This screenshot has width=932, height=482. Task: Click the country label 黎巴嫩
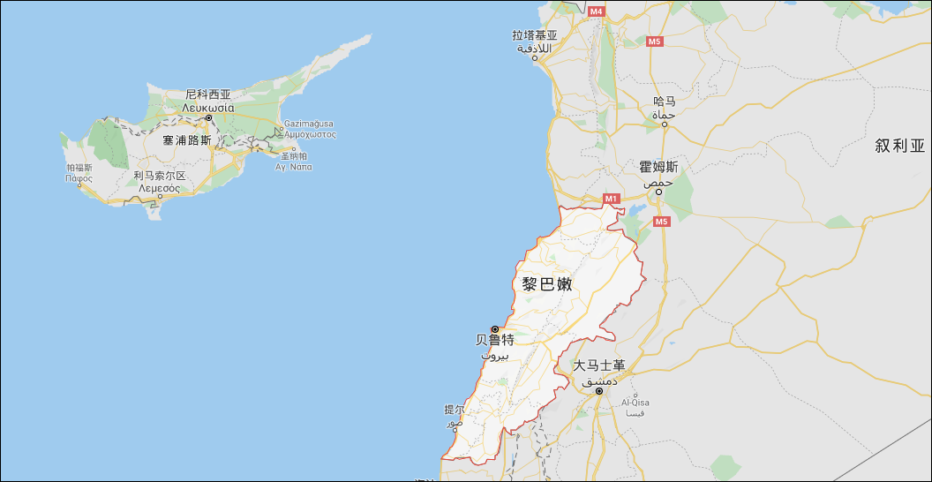click(547, 285)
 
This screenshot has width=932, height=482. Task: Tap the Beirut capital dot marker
click(494, 329)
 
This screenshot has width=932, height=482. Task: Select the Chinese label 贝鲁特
click(494, 340)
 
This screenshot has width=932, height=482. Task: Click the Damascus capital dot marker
click(598, 390)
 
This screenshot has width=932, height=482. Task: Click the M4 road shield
click(596, 11)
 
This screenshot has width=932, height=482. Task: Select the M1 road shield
click(612, 200)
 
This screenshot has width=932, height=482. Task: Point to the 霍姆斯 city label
click(658, 167)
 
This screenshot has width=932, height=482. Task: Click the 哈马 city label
click(664, 102)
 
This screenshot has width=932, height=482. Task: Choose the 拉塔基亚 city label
click(535, 36)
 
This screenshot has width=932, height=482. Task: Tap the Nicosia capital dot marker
click(209, 117)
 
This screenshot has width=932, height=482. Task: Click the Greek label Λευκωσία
click(207, 107)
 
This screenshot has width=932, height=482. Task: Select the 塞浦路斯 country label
click(187, 140)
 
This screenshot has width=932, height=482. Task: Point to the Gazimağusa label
click(308, 124)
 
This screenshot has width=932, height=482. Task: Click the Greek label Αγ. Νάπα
click(294, 167)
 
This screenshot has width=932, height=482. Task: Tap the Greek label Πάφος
click(79, 177)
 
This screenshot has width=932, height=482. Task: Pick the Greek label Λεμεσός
click(159, 187)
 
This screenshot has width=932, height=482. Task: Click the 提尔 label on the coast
click(454, 410)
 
